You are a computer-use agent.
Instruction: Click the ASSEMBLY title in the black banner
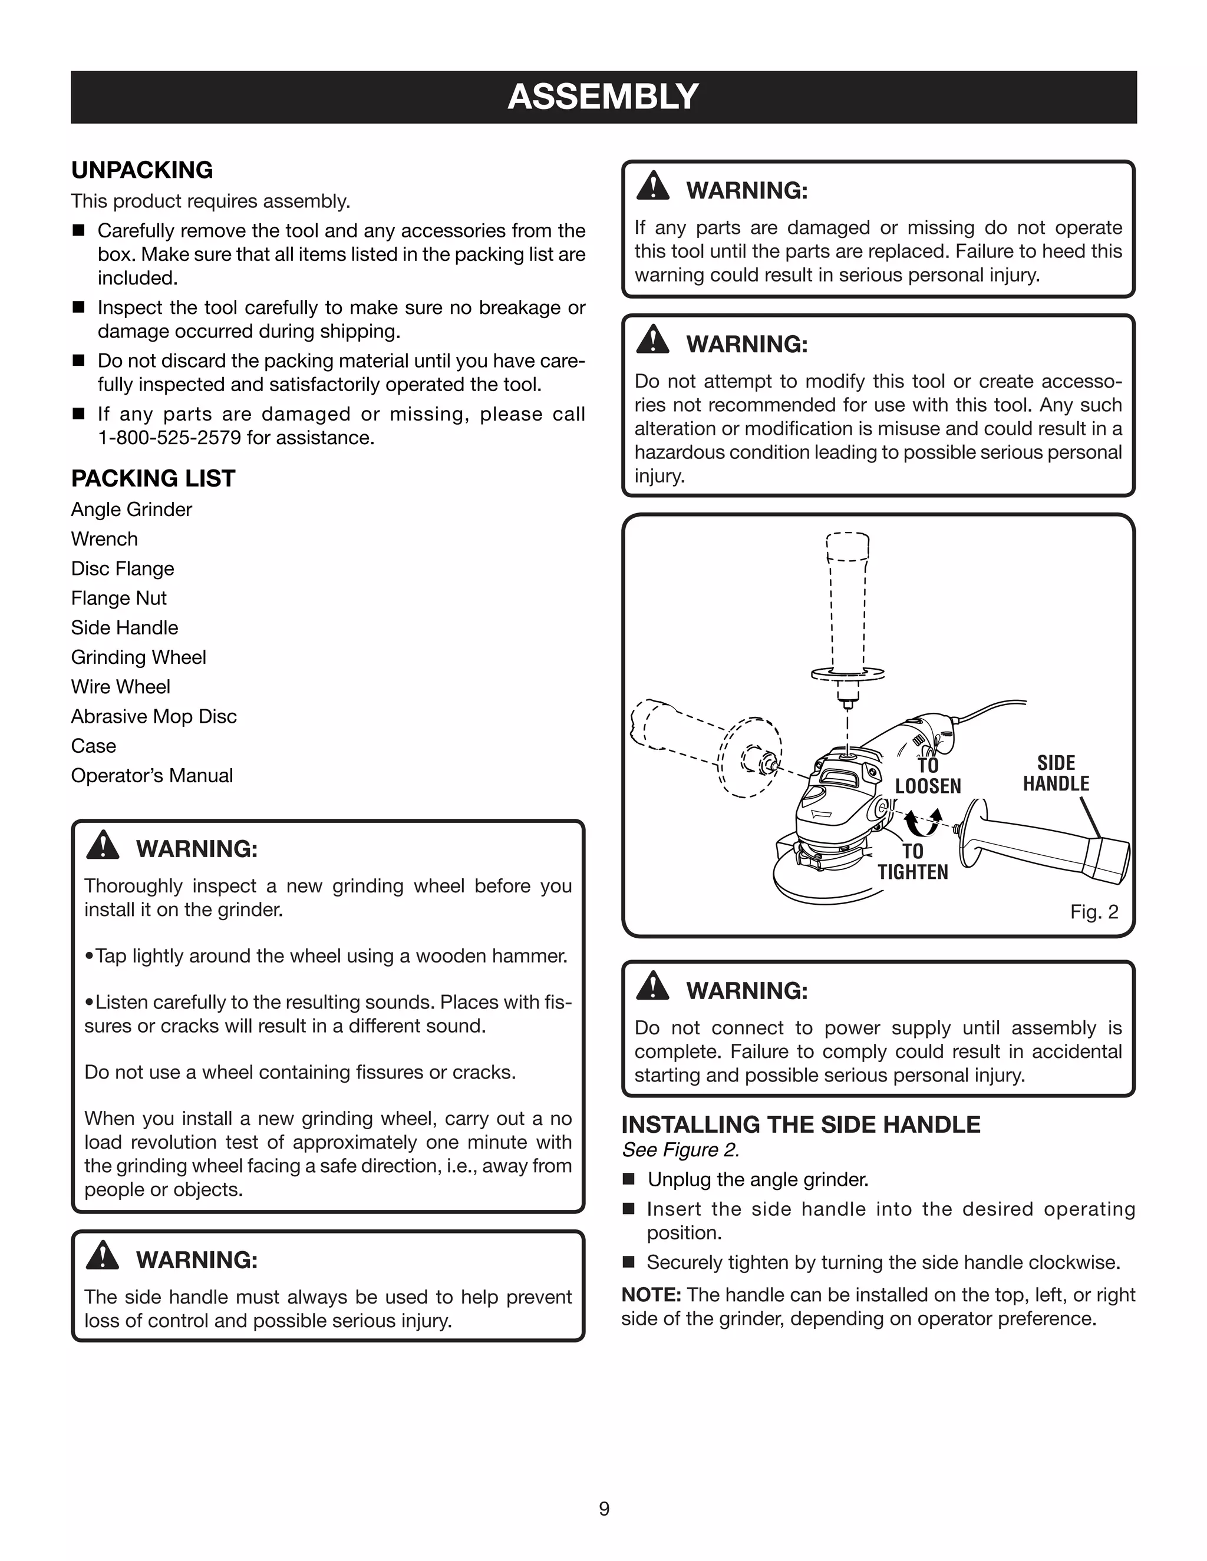pyautogui.click(x=603, y=97)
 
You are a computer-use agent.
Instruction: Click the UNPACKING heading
pyautogui.click(x=141, y=170)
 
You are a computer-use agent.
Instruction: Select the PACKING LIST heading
pyautogui.click(x=153, y=478)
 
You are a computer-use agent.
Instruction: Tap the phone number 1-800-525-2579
pyautogui.click(x=170, y=438)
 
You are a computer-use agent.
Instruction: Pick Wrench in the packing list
pyautogui.click(x=104, y=539)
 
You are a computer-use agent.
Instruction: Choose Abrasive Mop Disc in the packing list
pyautogui.click(x=154, y=716)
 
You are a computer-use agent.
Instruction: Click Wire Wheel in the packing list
pyautogui.click(x=120, y=687)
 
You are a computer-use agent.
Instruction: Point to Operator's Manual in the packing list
pyautogui.click(x=151, y=776)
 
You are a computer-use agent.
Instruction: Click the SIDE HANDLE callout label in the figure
pyautogui.click(x=1056, y=773)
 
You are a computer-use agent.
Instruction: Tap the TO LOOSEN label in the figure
pyautogui.click(x=928, y=776)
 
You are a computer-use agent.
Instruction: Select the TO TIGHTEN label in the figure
pyautogui.click(x=912, y=862)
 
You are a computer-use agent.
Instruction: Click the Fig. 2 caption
pyautogui.click(x=1093, y=912)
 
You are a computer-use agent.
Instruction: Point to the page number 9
pyautogui.click(x=604, y=1509)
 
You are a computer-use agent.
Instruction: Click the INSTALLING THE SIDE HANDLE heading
pyautogui.click(x=800, y=1125)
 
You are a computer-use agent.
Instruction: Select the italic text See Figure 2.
pyautogui.click(x=680, y=1150)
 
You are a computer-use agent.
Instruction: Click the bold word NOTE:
pyautogui.click(x=651, y=1295)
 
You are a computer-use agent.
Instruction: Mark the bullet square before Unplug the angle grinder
pyautogui.click(x=628, y=1179)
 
